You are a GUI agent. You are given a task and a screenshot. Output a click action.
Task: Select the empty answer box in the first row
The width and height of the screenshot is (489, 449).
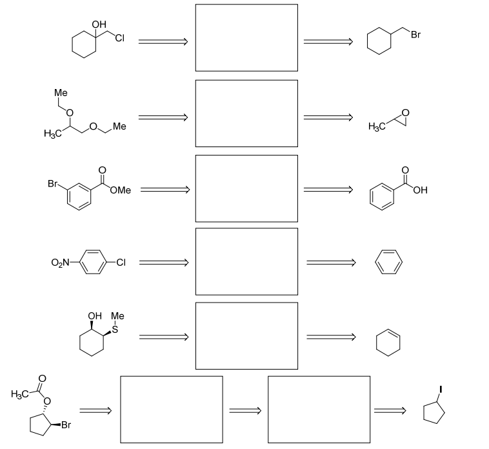pos(246,37)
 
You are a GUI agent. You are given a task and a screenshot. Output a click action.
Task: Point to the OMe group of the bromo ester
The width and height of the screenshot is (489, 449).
pos(121,190)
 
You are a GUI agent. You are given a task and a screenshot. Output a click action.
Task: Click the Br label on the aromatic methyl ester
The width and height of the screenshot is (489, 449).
pos(53,184)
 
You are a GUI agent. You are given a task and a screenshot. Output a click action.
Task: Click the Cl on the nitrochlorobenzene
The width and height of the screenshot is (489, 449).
pos(121,263)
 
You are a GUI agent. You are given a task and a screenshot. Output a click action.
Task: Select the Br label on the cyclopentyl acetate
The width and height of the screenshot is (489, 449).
pos(66,426)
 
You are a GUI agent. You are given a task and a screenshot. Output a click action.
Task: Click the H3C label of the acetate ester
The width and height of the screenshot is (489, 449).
pos(20,393)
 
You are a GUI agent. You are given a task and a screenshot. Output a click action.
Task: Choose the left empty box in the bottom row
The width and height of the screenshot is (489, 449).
pos(172,409)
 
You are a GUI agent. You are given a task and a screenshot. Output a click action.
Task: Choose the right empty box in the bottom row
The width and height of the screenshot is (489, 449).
pos(319,409)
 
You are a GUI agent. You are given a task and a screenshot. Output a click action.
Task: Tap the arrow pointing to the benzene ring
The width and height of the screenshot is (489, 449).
pos(330,263)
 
